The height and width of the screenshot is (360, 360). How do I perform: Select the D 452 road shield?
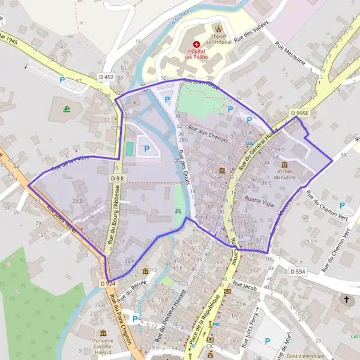click(106, 77)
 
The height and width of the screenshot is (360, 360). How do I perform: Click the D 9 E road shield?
click(117, 178)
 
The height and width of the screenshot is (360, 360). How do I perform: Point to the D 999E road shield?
click(300, 113)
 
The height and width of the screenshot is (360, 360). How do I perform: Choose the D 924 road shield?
click(108, 283)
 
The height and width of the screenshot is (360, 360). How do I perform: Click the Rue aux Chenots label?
click(208, 133)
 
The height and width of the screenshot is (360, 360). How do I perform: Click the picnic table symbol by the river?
click(178, 211)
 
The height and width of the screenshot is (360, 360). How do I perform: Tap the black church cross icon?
click(346, 298)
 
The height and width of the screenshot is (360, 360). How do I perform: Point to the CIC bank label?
click(210, 346)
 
